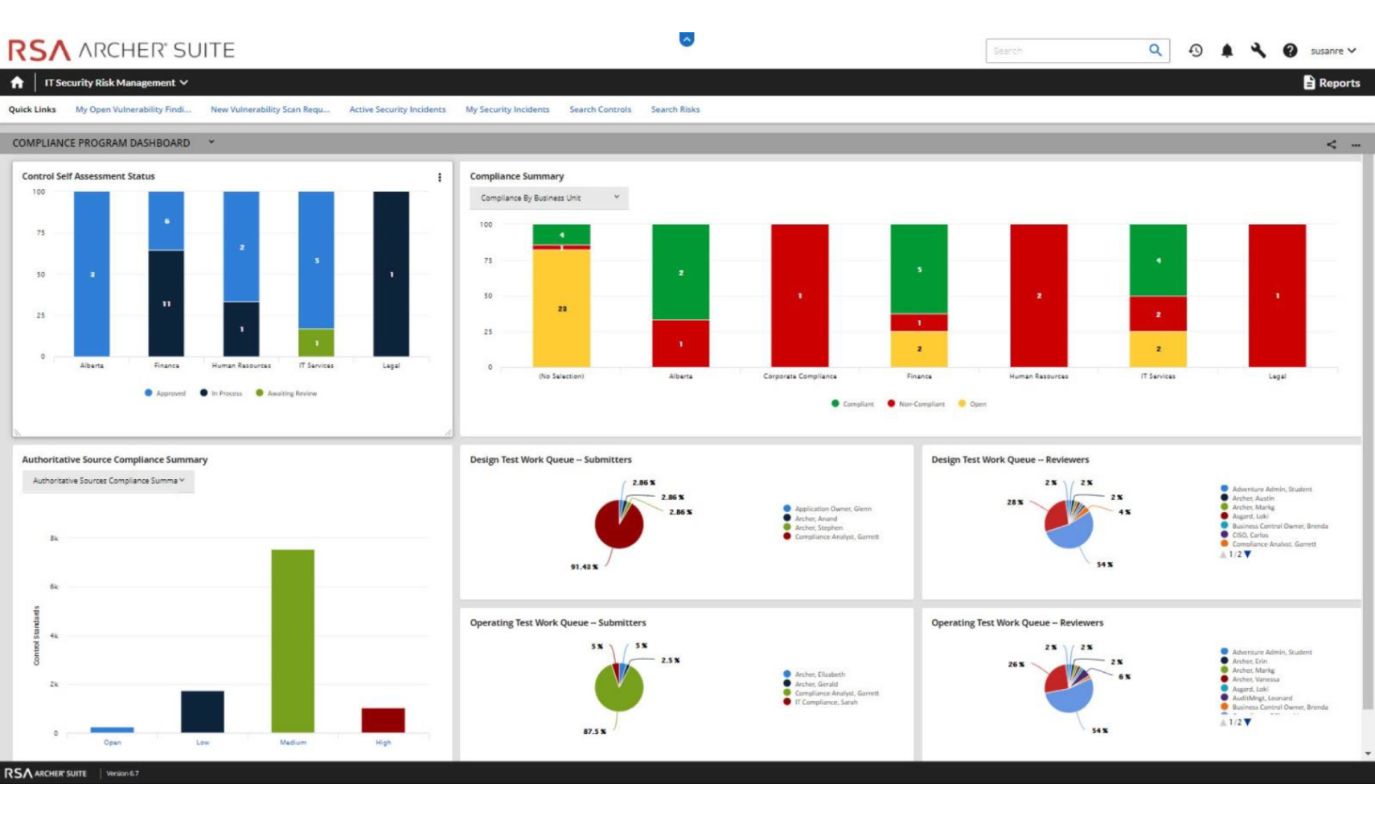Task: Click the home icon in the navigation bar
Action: click(x=17, y=82)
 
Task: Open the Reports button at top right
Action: click(x=1332, y=83)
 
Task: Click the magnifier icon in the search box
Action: click(x=1155, y=51)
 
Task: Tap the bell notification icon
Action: click(x=1226, y=51)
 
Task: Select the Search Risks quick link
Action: click(x=675, y=109)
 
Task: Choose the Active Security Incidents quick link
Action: click(x=397, y=109)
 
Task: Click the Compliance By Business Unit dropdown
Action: click(x=548, y=198)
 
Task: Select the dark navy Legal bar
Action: click(x=391, y=273)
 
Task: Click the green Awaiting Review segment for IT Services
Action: click(x=316, y=342)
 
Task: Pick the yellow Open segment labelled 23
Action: click(x=561, y=308)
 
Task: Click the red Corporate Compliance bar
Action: click(x=799, y=295)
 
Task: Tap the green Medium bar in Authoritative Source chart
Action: click(x=293, y=640)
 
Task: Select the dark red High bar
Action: click(x=383, y=720)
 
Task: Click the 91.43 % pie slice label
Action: click(x=585, y=567)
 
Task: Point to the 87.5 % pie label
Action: click(x=594, y=732)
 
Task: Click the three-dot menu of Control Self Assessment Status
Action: click(x=439, y=177)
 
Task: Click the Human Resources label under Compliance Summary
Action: click(x=1038, y=376)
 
